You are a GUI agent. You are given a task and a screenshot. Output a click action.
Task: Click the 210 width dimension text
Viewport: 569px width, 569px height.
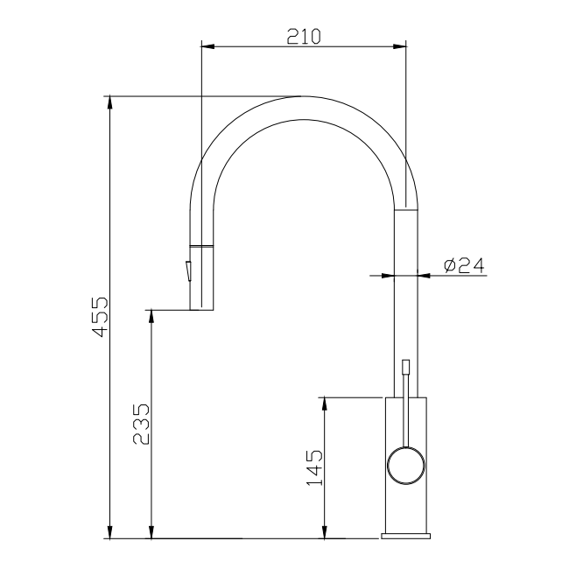click(304, 36)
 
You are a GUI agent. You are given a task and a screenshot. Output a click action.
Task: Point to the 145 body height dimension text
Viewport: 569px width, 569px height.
click(315, 467)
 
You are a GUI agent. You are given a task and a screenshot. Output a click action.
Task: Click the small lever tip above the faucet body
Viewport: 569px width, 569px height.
click(405, 367)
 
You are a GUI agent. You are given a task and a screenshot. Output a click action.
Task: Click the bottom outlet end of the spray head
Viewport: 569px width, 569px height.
click(202, 308)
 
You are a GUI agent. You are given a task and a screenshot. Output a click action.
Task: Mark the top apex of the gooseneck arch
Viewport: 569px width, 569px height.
click(303, 96)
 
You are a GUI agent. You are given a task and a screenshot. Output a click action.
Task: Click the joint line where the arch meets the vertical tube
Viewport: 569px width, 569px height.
click(407, 209)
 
